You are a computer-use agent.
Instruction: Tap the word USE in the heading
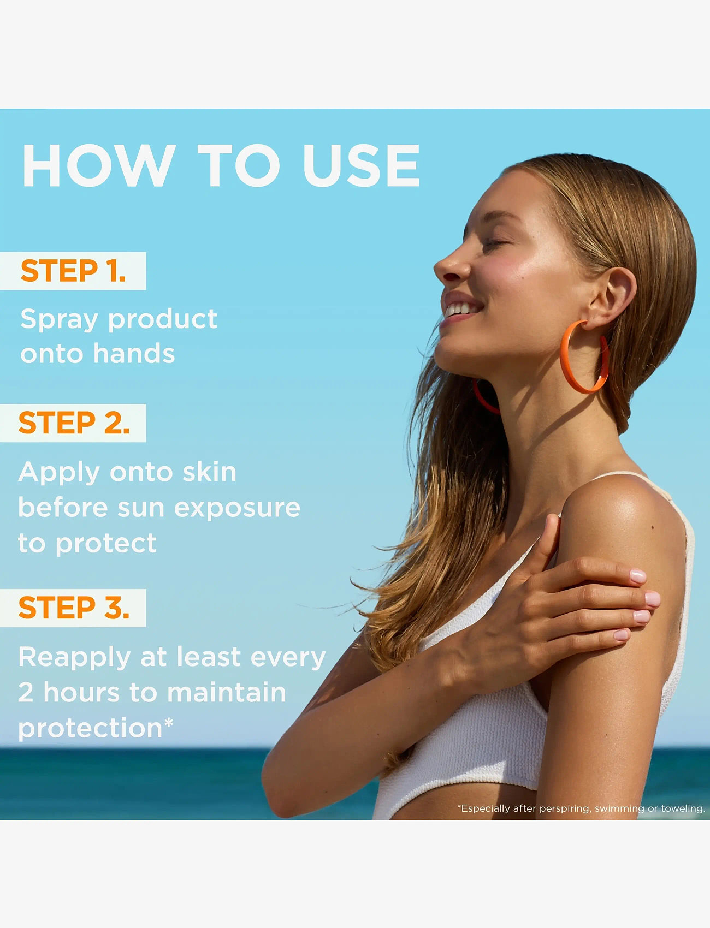[360, 166]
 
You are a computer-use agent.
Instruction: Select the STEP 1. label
[73, 271]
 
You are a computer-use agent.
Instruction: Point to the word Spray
[59, 320]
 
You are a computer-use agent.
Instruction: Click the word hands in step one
[134, 354]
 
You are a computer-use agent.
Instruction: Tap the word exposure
[237, 508]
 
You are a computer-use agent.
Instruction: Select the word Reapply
[75, 658]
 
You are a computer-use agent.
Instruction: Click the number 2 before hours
[26, 693]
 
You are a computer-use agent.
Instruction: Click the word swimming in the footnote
[619, 808]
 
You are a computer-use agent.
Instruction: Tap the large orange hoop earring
[583, 358]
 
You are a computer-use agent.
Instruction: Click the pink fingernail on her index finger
[637, 575]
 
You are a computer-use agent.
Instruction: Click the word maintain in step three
[227, 693]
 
